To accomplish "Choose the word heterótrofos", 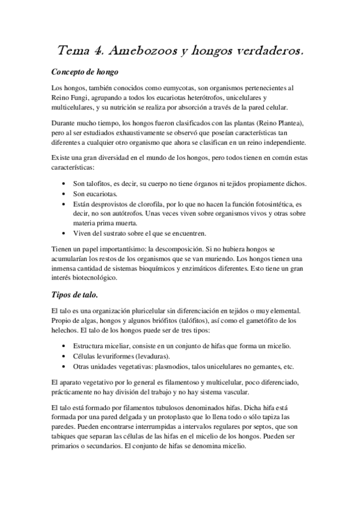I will pyautogui.click(x=191, y=97).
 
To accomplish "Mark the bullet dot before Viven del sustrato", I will pyautogui.click(x=65, y=233).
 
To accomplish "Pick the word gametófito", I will pyautogui.click(x=257, y=321).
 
